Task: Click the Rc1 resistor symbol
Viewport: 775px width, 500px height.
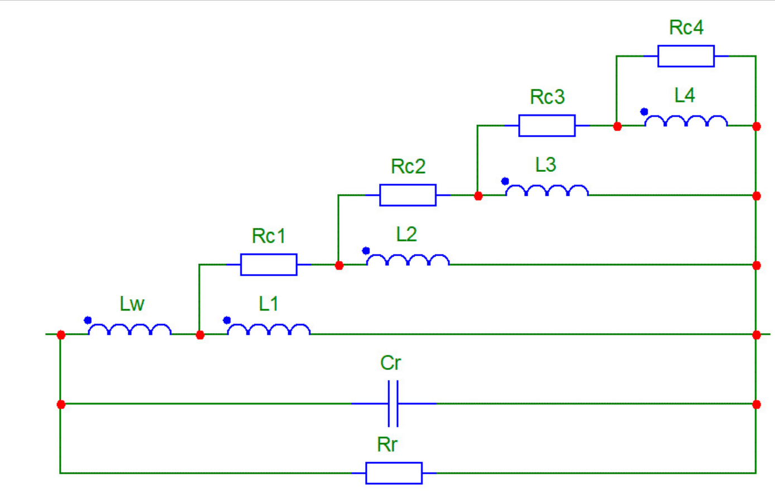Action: point(269,265)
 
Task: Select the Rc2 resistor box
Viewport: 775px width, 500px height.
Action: point(408,195)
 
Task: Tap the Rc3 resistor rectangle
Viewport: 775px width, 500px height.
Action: point(547,126)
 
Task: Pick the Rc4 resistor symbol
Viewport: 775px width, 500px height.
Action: point(686,56)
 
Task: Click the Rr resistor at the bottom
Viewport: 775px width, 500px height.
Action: point(394,473)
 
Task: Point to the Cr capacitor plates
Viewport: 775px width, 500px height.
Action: point(393,403)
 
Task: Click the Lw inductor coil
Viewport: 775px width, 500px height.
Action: point(130,330)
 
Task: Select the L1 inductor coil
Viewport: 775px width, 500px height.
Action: point(269,330)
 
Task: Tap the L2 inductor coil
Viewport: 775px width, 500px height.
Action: point(408,260)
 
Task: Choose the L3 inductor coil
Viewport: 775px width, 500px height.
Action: point(547,191)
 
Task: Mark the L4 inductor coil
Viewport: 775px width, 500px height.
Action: point(686,121)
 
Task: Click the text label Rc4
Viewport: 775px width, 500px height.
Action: point(686,27)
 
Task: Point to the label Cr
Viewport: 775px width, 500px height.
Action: point(390,363)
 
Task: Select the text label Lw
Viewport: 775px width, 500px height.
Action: point(132,304)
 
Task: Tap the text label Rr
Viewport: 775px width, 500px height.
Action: point(387,445)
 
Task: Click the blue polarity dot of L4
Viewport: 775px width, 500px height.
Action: point(644,112)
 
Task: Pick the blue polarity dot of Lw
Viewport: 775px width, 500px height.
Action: point(88,320)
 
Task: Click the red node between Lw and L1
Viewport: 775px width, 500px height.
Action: point(200,335)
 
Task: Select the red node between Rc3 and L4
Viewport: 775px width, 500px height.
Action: point(617,127)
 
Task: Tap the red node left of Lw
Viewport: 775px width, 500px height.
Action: point(61,335)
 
